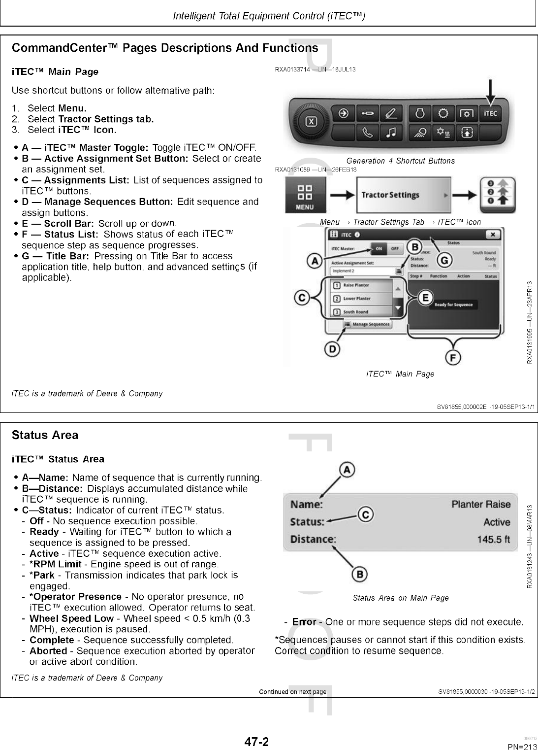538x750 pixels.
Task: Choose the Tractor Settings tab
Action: point(403,195)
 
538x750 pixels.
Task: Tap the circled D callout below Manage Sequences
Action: point(333,349)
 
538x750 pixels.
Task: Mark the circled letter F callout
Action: point(453,356)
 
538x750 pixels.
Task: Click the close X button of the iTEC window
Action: point(494,234)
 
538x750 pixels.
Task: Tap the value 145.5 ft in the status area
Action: point(494,540)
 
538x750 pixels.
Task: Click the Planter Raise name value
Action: point(481,505)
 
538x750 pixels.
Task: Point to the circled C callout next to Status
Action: point(365,514)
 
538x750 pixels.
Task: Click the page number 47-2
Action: point(256,742)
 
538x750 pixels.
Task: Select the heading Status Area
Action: point(45,435)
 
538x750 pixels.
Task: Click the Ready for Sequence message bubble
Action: point(453,305)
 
